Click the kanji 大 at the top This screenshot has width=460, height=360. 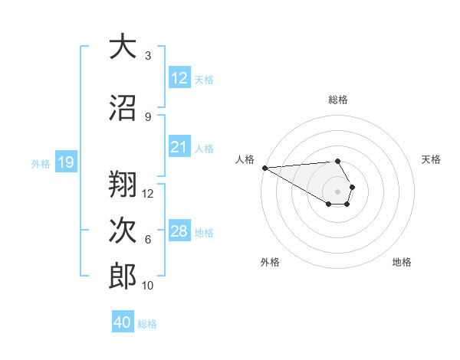[123, 48]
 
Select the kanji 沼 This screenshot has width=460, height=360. [123, 109]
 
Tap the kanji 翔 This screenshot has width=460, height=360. [123, 184]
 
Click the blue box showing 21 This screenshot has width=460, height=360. [179, 147]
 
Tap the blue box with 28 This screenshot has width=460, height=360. [179, 231]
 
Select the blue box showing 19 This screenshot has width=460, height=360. [65, 162]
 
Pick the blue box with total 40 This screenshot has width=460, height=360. [123, 322]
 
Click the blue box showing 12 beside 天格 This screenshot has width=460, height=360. [179, 78]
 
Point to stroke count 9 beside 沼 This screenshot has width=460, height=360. [148, 116]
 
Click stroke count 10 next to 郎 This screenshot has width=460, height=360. [148, 286]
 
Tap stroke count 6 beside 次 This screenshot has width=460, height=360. [148, 240]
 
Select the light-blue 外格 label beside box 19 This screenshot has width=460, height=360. [41, 163]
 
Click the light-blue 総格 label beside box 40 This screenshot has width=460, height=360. [147, 324]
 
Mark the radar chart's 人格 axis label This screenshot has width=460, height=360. [245, 159]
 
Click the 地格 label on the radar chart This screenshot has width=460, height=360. [402, 262]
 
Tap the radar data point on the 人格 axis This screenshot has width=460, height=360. [264, 168]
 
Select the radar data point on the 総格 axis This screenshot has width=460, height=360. [337, 161]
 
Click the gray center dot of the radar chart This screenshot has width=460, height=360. [337, 191]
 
